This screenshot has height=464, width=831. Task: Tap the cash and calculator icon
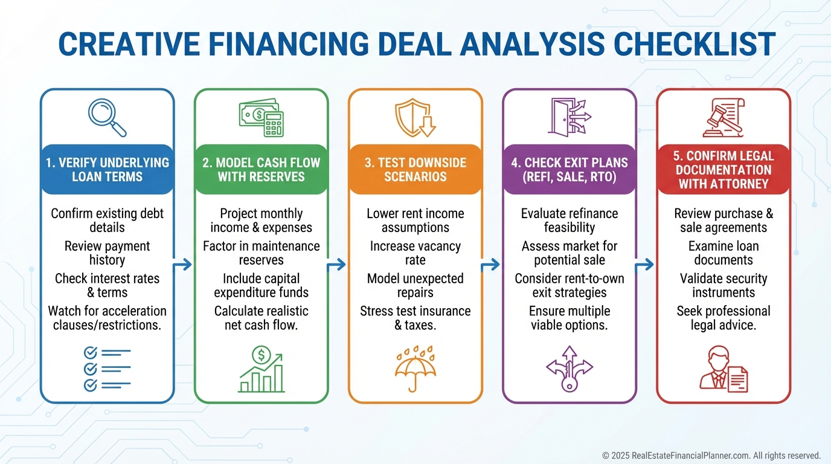(x=261, y=117)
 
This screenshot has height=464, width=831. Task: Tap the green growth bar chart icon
(x=261, y=369)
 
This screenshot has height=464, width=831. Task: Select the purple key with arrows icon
(x=570, y=369)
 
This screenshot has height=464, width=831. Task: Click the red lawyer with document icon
(x=724, y=369)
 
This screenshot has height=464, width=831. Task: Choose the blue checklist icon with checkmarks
(x=107, y=369)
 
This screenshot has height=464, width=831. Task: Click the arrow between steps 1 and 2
(x=182, y=265)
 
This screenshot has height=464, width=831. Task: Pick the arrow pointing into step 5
(x=644, y=265)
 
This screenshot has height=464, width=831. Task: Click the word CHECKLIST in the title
(x=694, y=44)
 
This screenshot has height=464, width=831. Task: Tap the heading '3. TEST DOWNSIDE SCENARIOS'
(x=415, y=170)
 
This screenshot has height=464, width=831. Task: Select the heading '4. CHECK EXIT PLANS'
(x=570, y=163)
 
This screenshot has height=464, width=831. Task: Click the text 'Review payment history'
(x=107, y=253)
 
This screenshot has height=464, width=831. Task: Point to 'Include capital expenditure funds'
(x=261, y=285)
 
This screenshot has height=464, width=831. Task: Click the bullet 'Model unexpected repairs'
(x=415, y=285)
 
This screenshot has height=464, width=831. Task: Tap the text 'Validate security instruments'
(x=724, y=285)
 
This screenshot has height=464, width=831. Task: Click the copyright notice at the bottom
(x=711, y=456)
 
